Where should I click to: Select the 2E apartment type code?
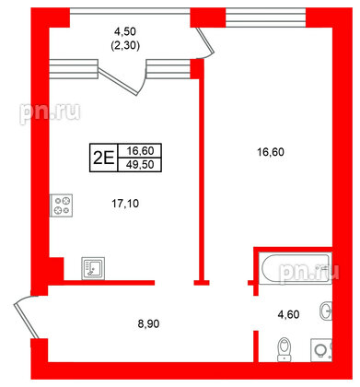pyautogui.click(x=102, y=157)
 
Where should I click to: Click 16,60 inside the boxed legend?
pyautogui.click(x=136, y=149)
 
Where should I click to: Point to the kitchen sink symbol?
pyautogui.click(x=94, y=268)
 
